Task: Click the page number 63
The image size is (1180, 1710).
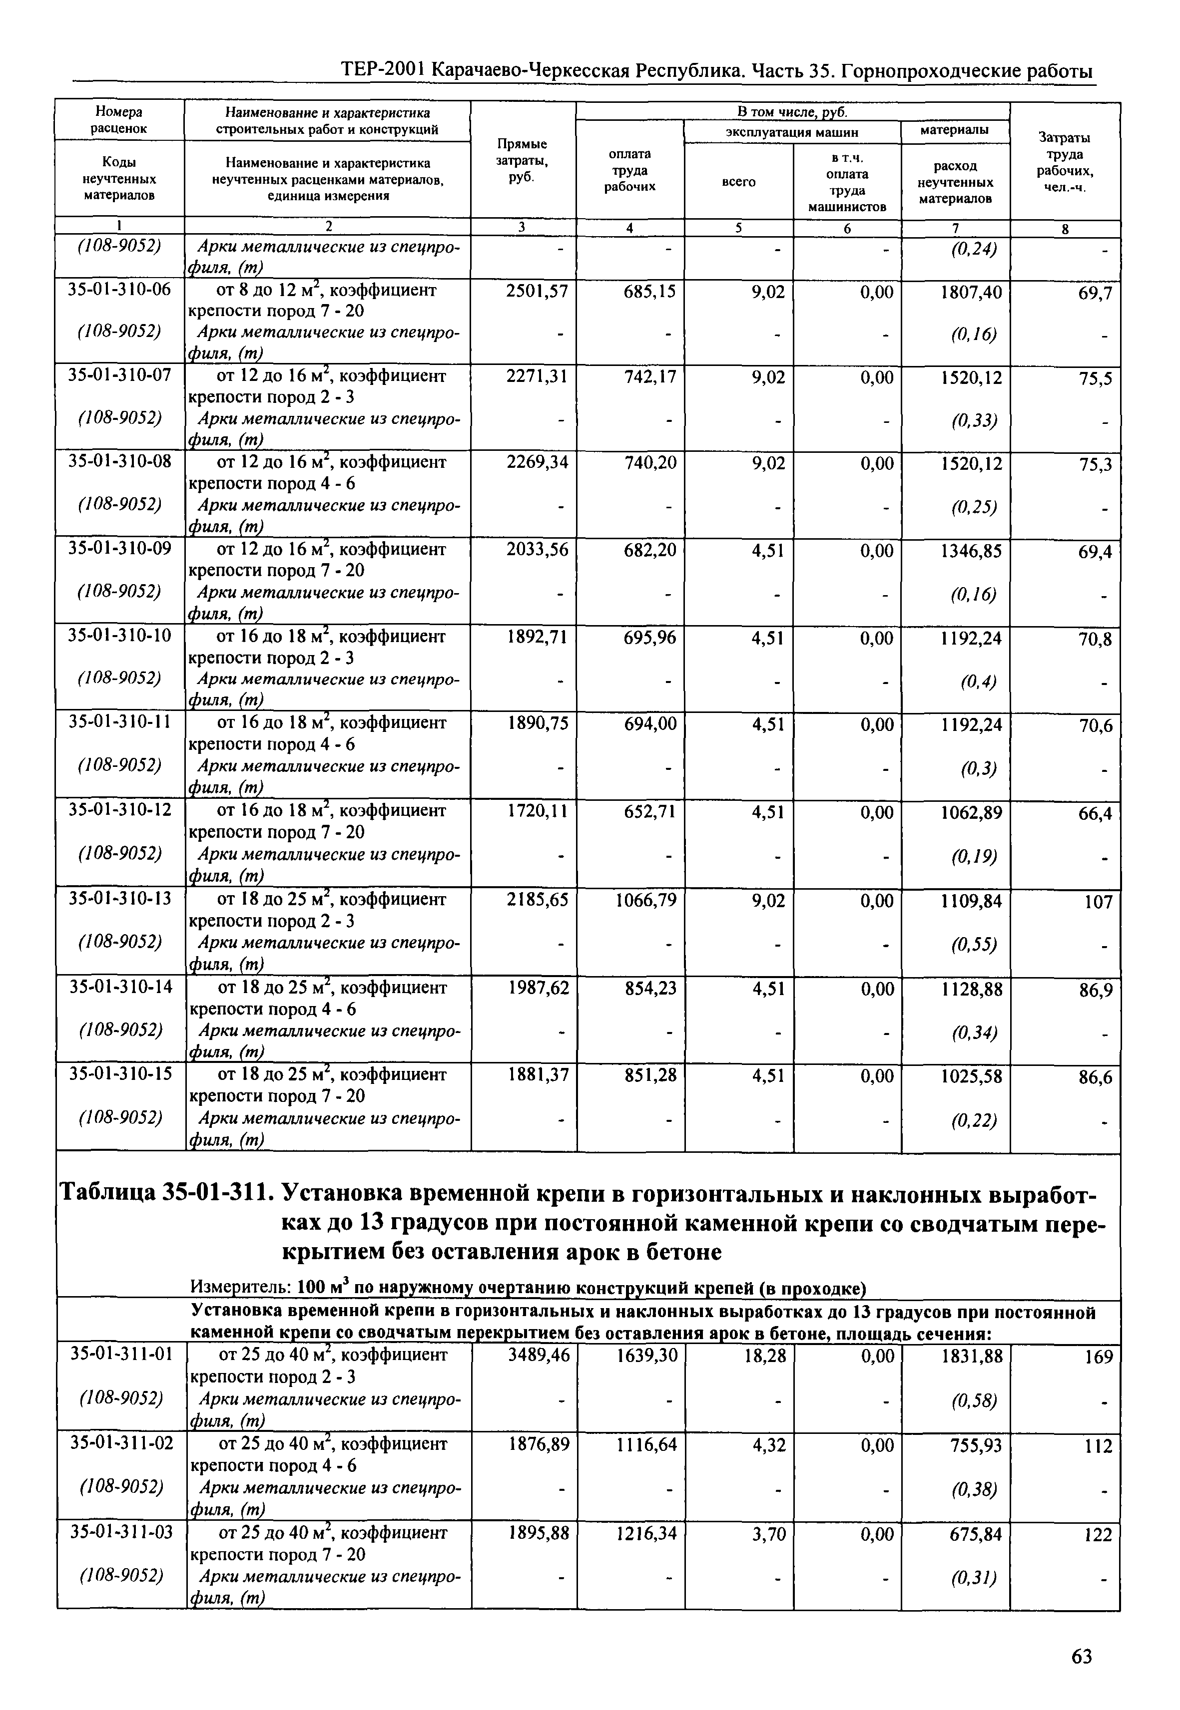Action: point(1081,1657)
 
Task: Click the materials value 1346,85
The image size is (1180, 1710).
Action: point(971,551)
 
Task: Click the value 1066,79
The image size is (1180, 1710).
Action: point(645,901)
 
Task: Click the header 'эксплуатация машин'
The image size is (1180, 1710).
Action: point(791,132)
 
